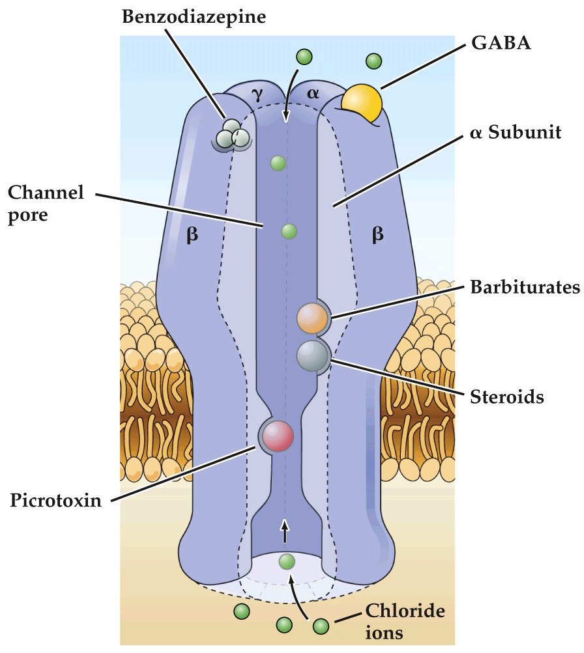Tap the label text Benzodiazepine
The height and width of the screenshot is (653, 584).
point(194,16)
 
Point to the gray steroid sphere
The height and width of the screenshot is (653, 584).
point(313,355)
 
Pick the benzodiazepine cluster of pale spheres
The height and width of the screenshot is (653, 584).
point(233,133)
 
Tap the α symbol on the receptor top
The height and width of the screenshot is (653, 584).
point(314,94)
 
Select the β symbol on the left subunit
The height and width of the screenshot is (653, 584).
point(192,235)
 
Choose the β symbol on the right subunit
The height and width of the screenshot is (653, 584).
point(377,235)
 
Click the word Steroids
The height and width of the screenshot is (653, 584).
point(506,396)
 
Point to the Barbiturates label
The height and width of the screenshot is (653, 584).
point(524,287)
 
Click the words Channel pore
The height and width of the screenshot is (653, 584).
point(46,203)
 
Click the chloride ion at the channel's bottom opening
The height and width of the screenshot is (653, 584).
point(287,561)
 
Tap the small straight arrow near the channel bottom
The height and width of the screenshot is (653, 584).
point(285,531)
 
